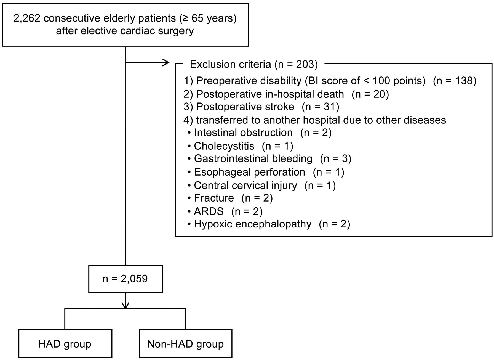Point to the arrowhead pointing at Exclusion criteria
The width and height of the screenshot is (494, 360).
coord(166,62)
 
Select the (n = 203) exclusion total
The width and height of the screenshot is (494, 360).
coord(296,64)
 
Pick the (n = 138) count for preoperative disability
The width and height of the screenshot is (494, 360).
coord(455,81)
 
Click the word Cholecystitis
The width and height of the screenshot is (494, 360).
coord(224,146)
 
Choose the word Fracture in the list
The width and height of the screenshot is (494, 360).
coord(214,198)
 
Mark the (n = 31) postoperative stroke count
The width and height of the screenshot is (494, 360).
coord(320,107)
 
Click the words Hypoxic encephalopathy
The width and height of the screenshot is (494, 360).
coord(253,224)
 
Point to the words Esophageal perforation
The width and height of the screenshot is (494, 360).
coord(249,172)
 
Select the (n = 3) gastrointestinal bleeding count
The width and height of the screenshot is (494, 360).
coord(335,159)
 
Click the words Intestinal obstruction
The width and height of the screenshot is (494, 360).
coord(243,133)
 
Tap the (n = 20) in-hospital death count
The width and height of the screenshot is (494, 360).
coord(370,94)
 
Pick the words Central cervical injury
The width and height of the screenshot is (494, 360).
coord(245,185)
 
